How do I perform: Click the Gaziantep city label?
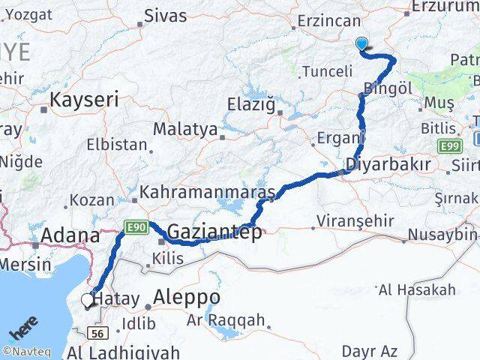214,232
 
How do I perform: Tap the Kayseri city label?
84,99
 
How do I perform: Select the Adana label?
70,235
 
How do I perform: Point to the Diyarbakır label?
388,164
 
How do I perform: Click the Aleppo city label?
186,298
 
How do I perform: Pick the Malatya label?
184,129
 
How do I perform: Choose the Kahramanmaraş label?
207,191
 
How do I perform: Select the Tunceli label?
327,72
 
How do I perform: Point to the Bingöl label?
388,88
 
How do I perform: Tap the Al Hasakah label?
417,289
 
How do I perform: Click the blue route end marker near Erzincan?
362,44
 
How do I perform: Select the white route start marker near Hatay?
88,300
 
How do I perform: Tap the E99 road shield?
449,145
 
